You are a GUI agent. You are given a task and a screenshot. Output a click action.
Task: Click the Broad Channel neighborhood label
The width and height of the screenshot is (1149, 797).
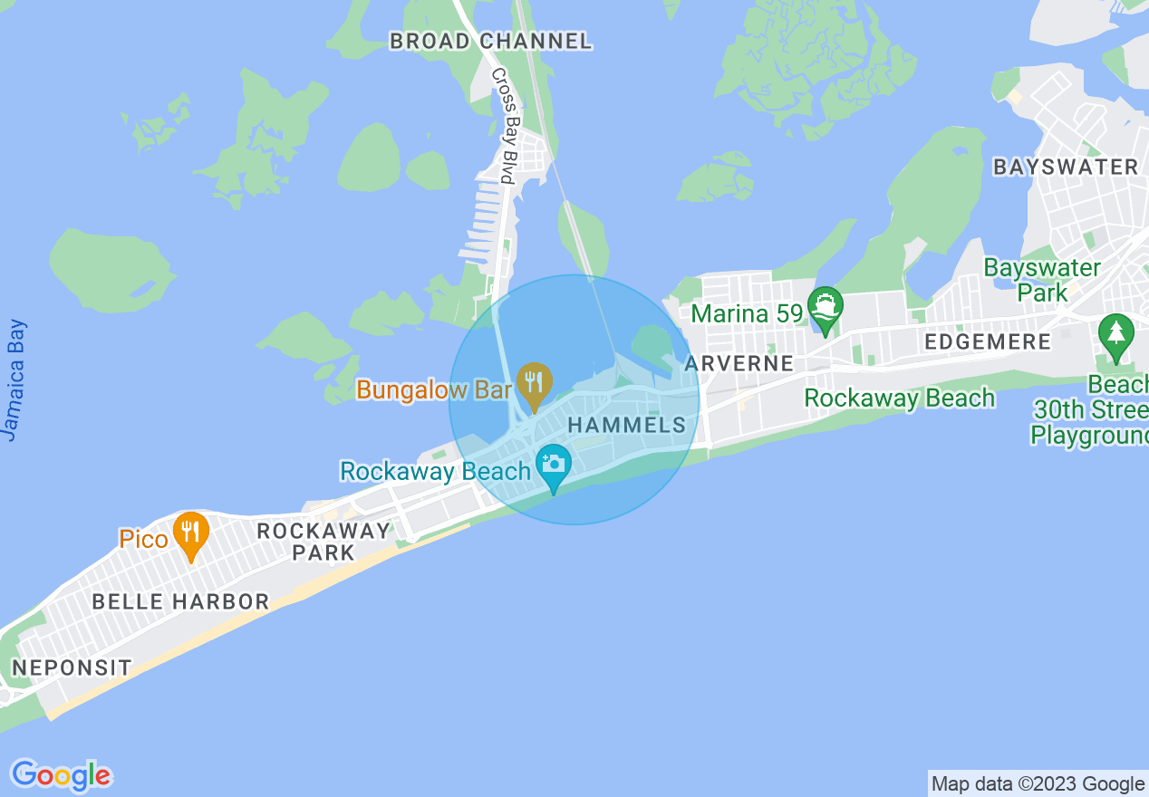(x=490, y=41)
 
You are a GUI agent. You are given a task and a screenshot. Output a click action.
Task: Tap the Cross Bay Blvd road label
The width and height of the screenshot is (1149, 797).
(x=503, y=126)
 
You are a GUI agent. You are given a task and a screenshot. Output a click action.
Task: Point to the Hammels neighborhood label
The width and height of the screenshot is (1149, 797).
(x=627, y=425)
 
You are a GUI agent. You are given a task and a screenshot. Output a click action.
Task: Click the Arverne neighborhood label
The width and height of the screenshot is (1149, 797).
(x=739, y=363)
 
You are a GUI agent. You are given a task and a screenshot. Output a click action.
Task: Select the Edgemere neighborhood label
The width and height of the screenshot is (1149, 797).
(x=988, y=341)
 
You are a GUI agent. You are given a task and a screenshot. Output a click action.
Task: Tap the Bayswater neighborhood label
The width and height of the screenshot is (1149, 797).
(x=1066, y=167)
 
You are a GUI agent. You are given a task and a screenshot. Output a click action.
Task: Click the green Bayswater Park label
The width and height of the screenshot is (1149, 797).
(x=1042, y=280)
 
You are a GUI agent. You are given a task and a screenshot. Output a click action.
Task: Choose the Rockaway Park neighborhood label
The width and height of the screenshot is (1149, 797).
(x=323, y=541)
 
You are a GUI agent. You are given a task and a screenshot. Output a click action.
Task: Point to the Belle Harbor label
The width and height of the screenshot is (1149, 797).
(x=180, y=601)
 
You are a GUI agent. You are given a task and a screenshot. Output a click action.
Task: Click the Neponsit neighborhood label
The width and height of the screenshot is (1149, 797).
(x=72, y=667)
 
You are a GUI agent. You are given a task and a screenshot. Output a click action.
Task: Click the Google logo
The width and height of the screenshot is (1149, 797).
(x=61, y=775)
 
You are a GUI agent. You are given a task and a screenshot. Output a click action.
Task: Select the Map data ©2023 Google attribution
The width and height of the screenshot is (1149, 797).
(x=1038, y=783)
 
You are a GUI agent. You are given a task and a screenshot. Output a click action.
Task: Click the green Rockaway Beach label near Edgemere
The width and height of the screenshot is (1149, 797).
(x=899, y=398)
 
